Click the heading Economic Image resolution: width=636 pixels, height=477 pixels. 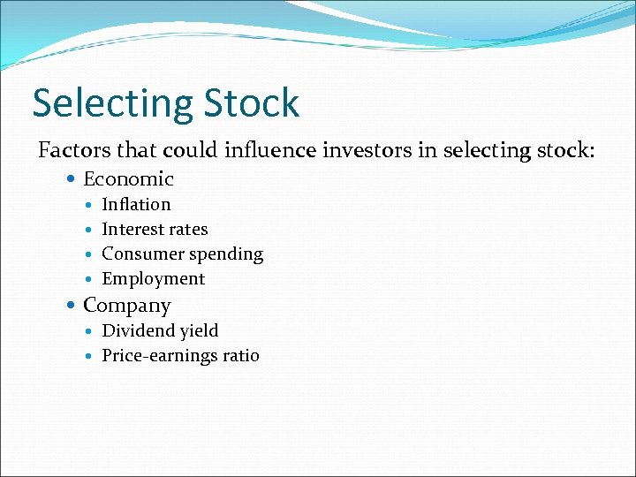point(128,179)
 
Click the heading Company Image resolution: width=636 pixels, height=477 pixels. point(126,306)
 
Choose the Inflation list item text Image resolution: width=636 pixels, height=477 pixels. point(136,204)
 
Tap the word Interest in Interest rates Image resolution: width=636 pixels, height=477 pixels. point(130,229)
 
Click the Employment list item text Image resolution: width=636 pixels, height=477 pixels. point(153,279)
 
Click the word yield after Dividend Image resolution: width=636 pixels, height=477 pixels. point(200,331)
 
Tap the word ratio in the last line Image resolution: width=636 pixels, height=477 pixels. point(240,356)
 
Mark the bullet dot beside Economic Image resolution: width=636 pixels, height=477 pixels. point(72,179)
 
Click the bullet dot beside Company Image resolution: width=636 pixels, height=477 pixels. point(72,306)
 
